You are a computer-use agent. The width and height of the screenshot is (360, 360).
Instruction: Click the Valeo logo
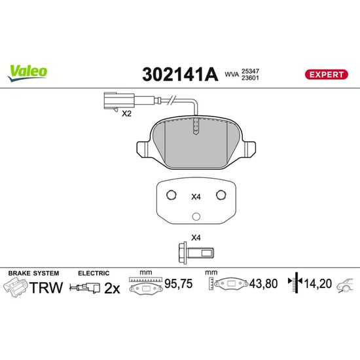(27, 73)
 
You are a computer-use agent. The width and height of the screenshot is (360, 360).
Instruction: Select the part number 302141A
(180, 75)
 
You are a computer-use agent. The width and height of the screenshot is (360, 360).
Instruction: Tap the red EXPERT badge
(326, 75)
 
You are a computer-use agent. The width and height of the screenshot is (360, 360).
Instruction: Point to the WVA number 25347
(250, 71)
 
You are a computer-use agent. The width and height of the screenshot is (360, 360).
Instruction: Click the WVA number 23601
(250, 78)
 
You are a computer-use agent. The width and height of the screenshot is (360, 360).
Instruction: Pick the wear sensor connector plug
(119, 101)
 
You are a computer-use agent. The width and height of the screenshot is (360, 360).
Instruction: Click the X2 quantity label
(126, 113)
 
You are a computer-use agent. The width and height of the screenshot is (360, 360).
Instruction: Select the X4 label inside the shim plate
(196, 197)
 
